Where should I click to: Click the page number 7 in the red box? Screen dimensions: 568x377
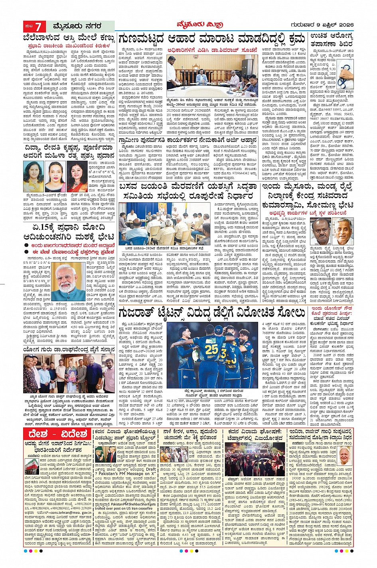pos(39,27)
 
